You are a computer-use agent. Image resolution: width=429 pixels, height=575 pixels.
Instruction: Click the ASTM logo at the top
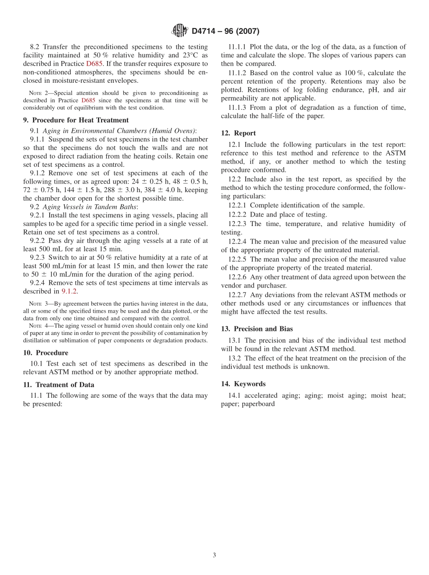click(x=180, y=31)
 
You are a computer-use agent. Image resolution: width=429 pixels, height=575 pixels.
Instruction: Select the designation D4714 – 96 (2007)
click(x=225, y=31)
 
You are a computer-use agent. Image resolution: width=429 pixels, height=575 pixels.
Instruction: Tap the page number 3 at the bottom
click(x=214, y=556)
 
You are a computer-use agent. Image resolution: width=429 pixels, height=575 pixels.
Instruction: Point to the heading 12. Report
click(x=238, y=133)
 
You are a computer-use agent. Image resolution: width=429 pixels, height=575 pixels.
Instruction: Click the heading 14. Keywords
click(x=243, y=384)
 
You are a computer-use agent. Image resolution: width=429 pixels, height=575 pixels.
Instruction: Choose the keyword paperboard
click(x=258, y=404)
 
